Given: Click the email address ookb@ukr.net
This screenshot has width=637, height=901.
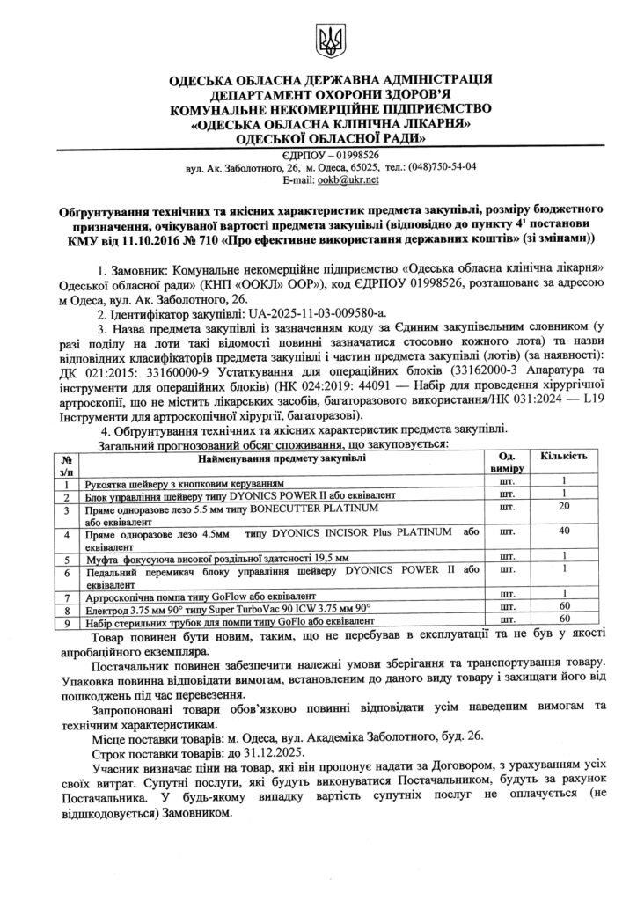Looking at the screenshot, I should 348,179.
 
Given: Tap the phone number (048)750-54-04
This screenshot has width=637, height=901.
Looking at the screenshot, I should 443,166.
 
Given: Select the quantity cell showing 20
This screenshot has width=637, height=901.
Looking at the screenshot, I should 563,508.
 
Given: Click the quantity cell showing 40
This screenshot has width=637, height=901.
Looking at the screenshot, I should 563,531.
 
